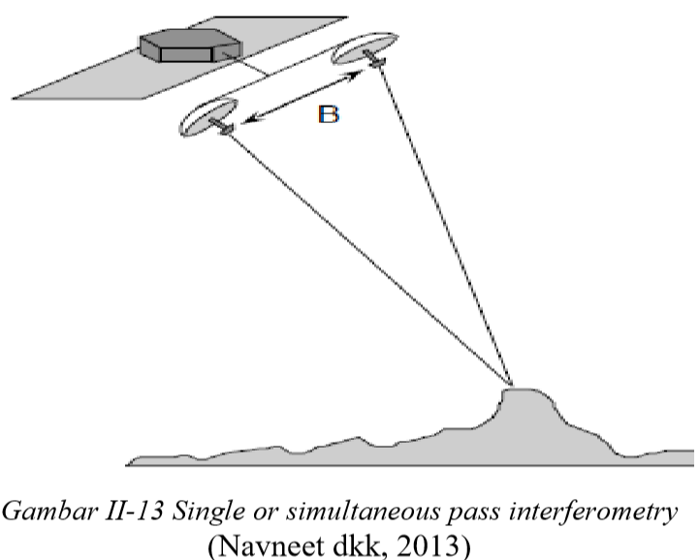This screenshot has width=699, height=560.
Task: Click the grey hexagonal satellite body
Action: click(187, 46)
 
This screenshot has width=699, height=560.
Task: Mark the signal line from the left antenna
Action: click(368, 257)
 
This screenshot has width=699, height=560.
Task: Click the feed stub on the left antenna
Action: click(225, 128)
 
